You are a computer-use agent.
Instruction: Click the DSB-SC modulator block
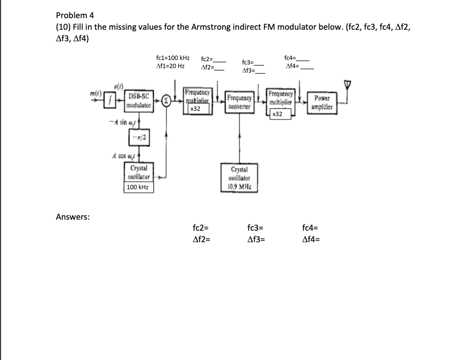[x=140, y=101]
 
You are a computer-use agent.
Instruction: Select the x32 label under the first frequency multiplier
[x=194, y=109]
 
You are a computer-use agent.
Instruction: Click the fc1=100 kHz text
[x=173, y=57]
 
